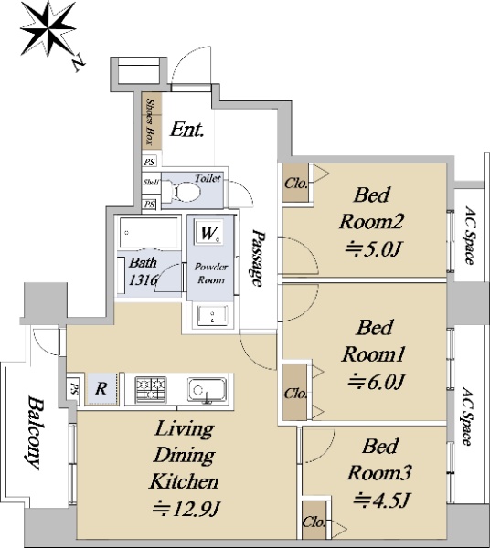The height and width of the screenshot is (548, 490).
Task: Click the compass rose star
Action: coord(48,28)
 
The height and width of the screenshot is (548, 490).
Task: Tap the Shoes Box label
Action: coord(151,121)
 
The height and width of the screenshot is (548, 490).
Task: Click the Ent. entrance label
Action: coord(187,130)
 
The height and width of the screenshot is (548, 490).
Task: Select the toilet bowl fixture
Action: coord(185,192)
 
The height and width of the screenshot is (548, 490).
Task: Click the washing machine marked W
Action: coord(209,233)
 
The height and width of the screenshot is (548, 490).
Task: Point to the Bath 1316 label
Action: coord(143,271)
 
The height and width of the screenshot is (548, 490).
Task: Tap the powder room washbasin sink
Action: coord(212,315)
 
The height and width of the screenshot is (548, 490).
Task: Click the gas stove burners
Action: coord(151,388)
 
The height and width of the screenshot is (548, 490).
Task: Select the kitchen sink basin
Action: coord(207,389)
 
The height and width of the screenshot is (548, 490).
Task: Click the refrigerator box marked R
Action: coord(101,389)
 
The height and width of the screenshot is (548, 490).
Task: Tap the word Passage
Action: coord(258,258)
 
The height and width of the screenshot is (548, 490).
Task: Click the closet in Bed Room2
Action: coord(295,183)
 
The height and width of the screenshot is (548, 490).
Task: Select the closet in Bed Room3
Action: coord(314,521)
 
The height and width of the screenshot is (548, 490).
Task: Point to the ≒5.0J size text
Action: coord(372,249)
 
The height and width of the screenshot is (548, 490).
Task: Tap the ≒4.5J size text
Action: coord(381,500)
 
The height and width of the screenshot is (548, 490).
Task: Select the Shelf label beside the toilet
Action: coord(151,182)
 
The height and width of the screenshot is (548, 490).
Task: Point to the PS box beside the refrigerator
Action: coord(74,389)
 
